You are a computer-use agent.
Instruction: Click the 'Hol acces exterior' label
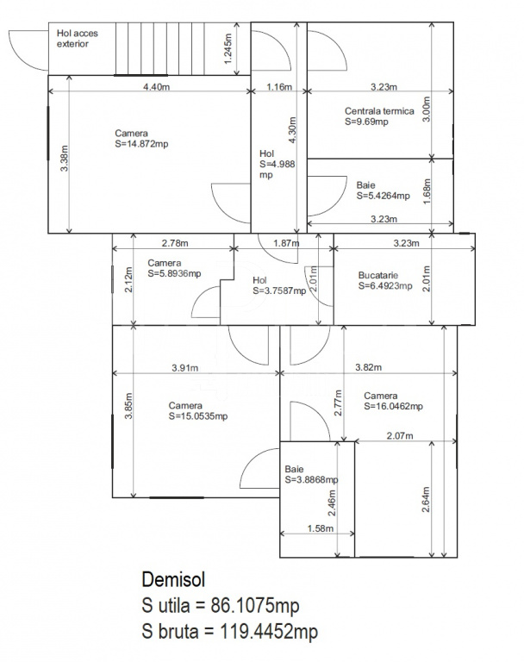pyautogui.click(x=78, y=39)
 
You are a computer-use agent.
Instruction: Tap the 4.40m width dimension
pyautogui.click(x=156, y=87)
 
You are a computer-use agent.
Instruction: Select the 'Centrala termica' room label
pyautogui.click(x=379, y=111)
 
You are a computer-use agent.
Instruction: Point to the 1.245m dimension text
pyautogui.click(x=228, y=48)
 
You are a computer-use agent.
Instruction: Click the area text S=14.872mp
pyautogui.click(x=141, y=144)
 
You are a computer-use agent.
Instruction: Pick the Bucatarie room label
pyautogui.click(x=377, y=275)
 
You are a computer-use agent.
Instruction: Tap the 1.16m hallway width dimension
pyautogui.click(x=279, y=87)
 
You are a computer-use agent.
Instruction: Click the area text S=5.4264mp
pyautogui.click(x=383, y=196)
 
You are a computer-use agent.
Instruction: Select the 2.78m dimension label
pyautogui.click(x=175, y=243)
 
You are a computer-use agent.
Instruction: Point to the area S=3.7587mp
pyautogui.click(x=279, y=290)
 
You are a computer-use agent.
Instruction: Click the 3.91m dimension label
pyautogui.click(x=185, y=368)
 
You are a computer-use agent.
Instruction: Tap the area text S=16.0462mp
pyautogui.click(x=393, y=406)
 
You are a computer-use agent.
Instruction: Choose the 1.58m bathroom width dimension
pyautogui.click(x=320, y=528)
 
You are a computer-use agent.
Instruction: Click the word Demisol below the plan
pyautogui.click(x=173, y=579)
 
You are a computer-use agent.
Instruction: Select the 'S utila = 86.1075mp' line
pyautogui.click(x=221, y=606)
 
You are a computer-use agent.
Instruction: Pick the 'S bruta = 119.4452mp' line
pyautogui.click(x=230, y=632)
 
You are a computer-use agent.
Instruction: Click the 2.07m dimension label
pyautogui.click(x=400, y=435)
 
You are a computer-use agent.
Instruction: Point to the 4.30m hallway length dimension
pyautogui.click(x=292, y=130)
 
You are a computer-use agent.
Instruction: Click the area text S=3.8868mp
pyautogui.click(x=311, y=479)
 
